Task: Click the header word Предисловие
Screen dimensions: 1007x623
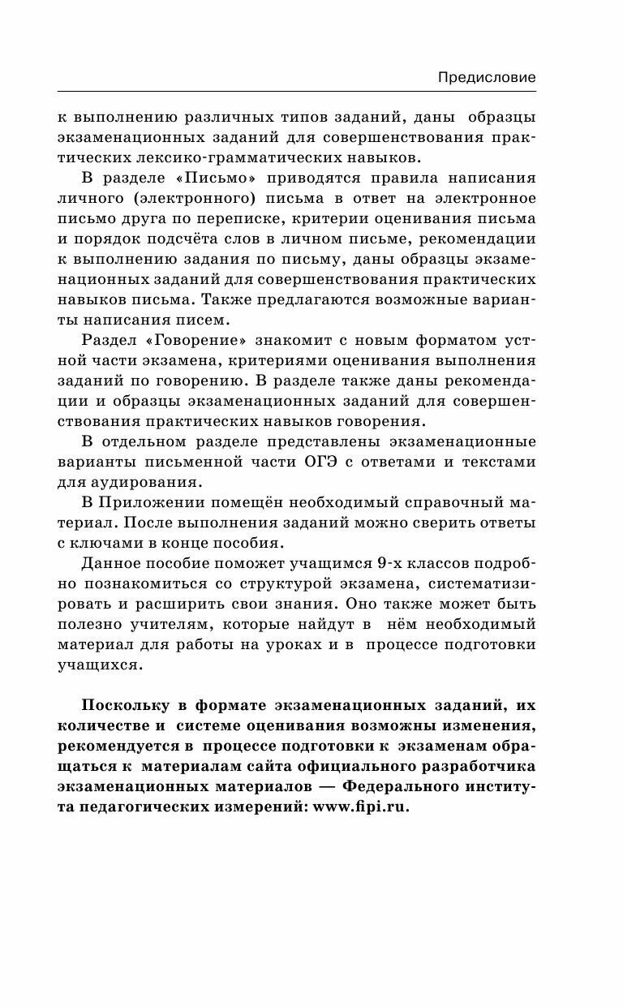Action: click(487, 78)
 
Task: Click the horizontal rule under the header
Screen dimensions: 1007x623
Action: click(296, 91)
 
